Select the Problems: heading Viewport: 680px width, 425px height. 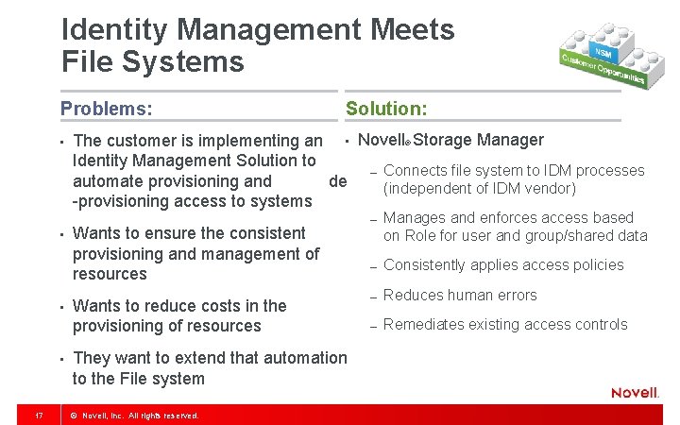coord(106,109)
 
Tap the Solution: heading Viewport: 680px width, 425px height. coord(386,109)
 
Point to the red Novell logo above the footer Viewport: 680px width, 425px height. coord(635,393)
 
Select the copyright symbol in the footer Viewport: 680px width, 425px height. coord(74,416)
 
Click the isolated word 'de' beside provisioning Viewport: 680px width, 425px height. coord(337,180)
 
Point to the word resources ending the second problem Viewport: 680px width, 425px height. coord(110,274)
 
